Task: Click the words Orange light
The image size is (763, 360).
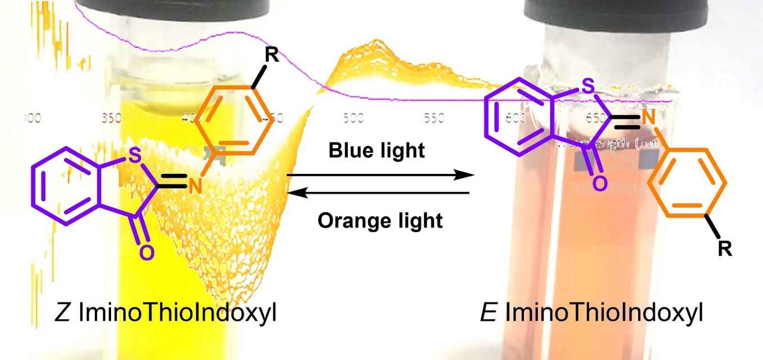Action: click(x=380, y=220)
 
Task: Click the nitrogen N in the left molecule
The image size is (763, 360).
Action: click(x=195, y=186)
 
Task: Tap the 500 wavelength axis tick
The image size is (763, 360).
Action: click(x=353, y=119)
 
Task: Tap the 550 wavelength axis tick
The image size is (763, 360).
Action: click(x=434, y=119)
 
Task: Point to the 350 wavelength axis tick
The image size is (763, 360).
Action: click(x=112, y=119)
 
